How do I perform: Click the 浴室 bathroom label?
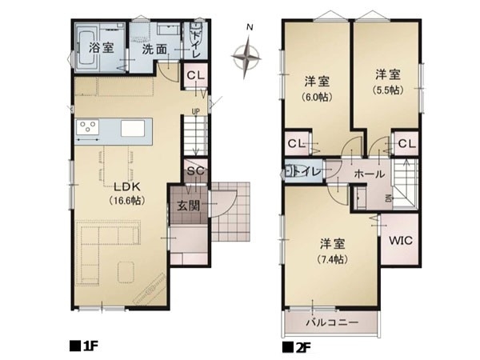(x=101, y=48)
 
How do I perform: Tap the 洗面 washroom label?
(x=154, y=48)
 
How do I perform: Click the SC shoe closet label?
(x=195, y=171)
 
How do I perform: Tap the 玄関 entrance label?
(x=190, y=205)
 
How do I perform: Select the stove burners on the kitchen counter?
(x=86, y=127)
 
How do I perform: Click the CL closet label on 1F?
(x=195, y=76)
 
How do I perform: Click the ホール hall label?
(x=369, y=173)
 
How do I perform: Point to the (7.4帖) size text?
(x=330, y=260)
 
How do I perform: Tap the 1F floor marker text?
(x=84, y=347)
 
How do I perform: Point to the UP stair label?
(x=195, y=111)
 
